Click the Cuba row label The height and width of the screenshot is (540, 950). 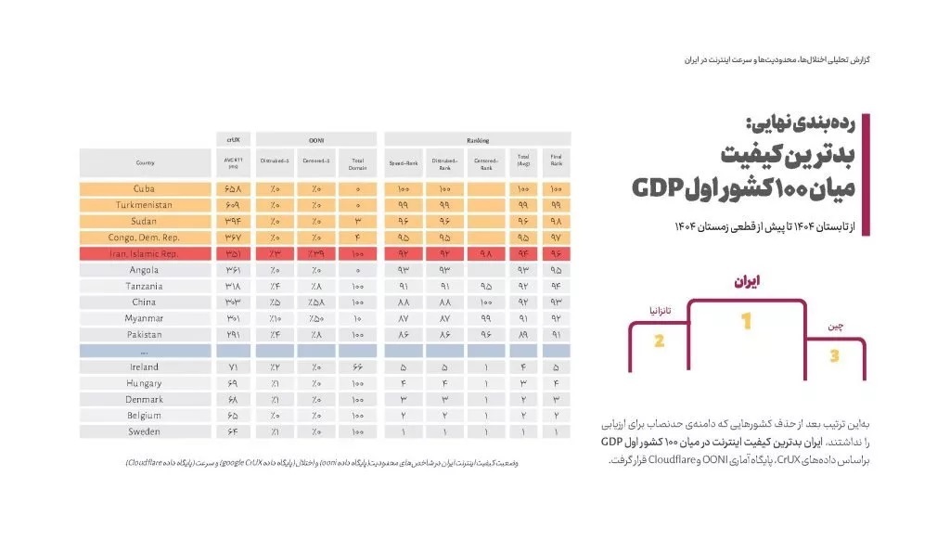[x=144, y=189]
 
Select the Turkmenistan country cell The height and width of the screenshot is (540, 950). [x=144, y=205]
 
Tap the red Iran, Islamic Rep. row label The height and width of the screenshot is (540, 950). [x=144, y=253]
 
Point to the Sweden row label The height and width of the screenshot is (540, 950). [x=144, y=431]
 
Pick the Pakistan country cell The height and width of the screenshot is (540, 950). [x=144, y=334]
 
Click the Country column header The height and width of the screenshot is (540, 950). [x=144, y=163]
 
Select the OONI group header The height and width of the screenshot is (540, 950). [x=315, y=139]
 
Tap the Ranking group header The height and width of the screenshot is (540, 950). [x=477, y=139]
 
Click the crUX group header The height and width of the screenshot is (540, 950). [x=233, y=139]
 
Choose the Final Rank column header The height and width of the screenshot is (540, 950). [x=556, y=163]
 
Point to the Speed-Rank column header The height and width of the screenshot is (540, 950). [x=404, y=163]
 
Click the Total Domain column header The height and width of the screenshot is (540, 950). [x=357, y=163]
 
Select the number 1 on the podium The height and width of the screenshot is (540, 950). [x=745, y=323]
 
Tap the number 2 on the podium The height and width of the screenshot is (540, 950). [x=659, y=341]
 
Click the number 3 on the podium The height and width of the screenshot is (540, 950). [x=834, y=356]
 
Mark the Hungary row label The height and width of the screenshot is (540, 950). [x=144, y=383]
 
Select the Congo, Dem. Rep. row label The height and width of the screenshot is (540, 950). [x=144, y=238]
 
